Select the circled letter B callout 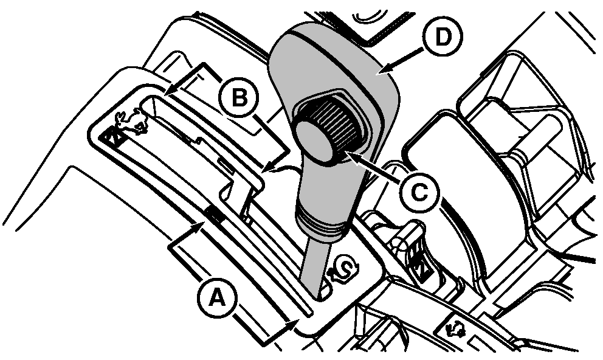239,97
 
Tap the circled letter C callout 419,191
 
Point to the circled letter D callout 443,36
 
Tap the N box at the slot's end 112,136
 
